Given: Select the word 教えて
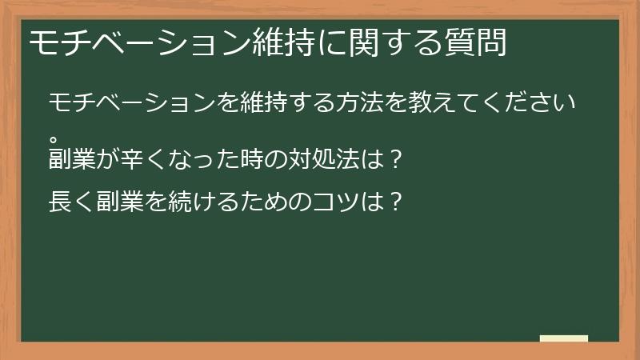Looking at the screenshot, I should [429, 104].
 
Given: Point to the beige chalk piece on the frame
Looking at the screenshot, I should [564, 338].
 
